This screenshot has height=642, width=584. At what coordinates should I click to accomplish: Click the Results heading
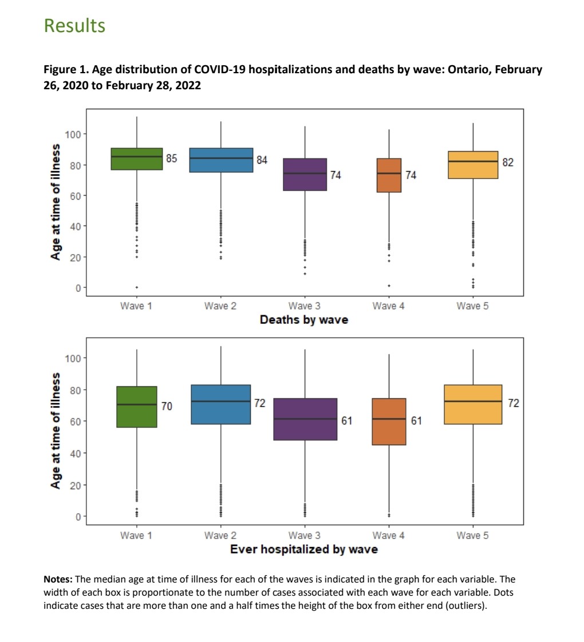click(x=74, y=26)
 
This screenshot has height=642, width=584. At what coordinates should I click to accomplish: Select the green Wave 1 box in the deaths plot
click(x=137, y=158)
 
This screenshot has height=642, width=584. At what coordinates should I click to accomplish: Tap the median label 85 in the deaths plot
click(x=172, y=158)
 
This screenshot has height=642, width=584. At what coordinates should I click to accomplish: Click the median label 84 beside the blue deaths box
click(x=261, y=160)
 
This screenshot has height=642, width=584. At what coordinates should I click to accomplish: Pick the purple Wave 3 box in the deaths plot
click(x=305, y=175)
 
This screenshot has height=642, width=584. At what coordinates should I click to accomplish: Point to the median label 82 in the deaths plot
click(x=508, y=163)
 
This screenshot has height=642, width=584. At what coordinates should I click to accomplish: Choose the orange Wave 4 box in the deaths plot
click(x=389, y=175)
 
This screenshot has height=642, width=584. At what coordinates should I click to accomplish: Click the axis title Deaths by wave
click(x=303, y=319)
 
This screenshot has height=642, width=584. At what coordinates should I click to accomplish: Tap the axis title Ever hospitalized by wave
click(x=303, y=549)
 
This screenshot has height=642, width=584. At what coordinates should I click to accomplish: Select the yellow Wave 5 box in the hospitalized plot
click(x=473, y=405)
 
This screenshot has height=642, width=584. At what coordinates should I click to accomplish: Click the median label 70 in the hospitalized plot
click(x=166, y=406)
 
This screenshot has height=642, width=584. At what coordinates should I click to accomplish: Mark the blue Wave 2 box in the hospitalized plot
click(x=221, y=405)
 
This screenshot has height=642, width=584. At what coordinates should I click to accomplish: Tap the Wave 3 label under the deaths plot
click(x=305, y=306)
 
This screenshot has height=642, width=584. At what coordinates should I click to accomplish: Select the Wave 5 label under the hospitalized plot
click(x=473, y=536)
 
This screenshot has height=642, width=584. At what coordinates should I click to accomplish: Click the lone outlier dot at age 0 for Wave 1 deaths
click(x=137, y=287)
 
